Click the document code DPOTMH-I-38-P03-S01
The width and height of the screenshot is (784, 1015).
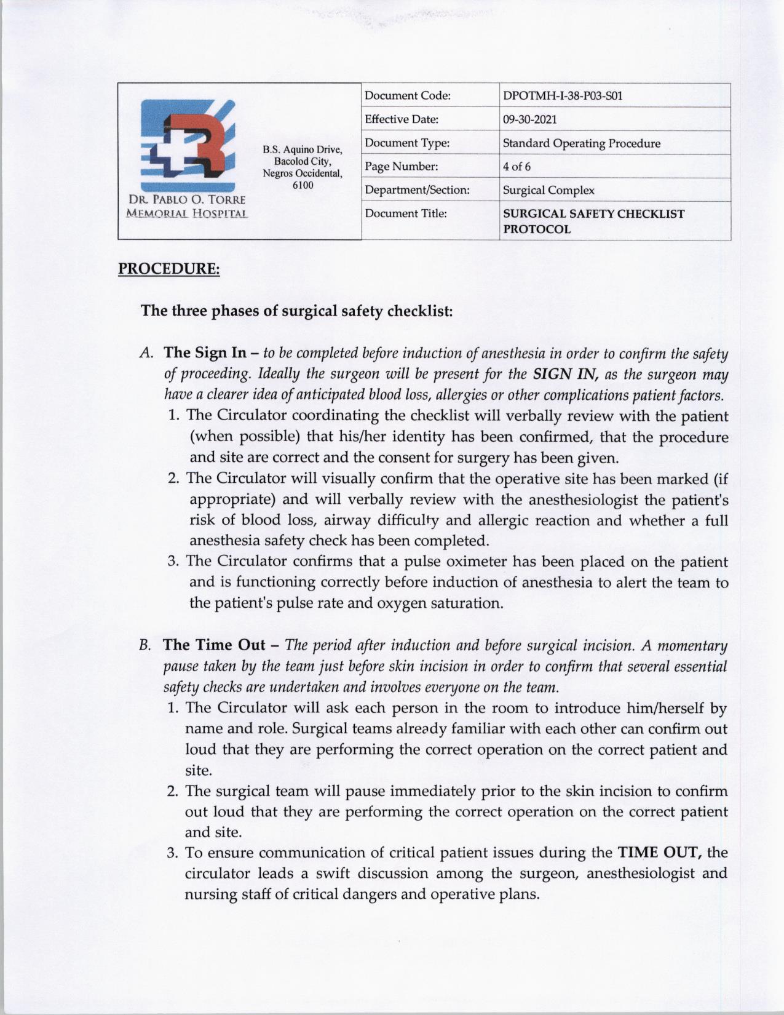coord(563,96)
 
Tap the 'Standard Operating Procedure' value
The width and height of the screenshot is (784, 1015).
coord(581,143)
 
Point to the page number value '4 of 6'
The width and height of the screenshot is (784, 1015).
coord(517,167)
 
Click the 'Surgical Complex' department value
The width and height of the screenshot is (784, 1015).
coord(548,190)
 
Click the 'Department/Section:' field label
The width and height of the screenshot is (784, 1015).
coord(417,190)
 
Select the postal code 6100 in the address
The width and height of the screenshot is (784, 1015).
coord(303,185)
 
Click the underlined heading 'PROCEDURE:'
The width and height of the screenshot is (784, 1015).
coord(168,269)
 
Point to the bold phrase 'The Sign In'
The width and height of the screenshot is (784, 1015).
coord(205,353)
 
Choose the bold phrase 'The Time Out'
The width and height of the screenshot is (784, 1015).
coord(214,645)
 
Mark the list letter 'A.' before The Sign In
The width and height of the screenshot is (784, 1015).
coord(146,354)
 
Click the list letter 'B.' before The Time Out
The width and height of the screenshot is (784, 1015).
coord(145,645)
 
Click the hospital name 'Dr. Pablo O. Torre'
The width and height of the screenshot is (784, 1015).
coord(187,200)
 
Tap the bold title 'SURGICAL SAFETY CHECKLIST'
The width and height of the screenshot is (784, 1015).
coord(593,213)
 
